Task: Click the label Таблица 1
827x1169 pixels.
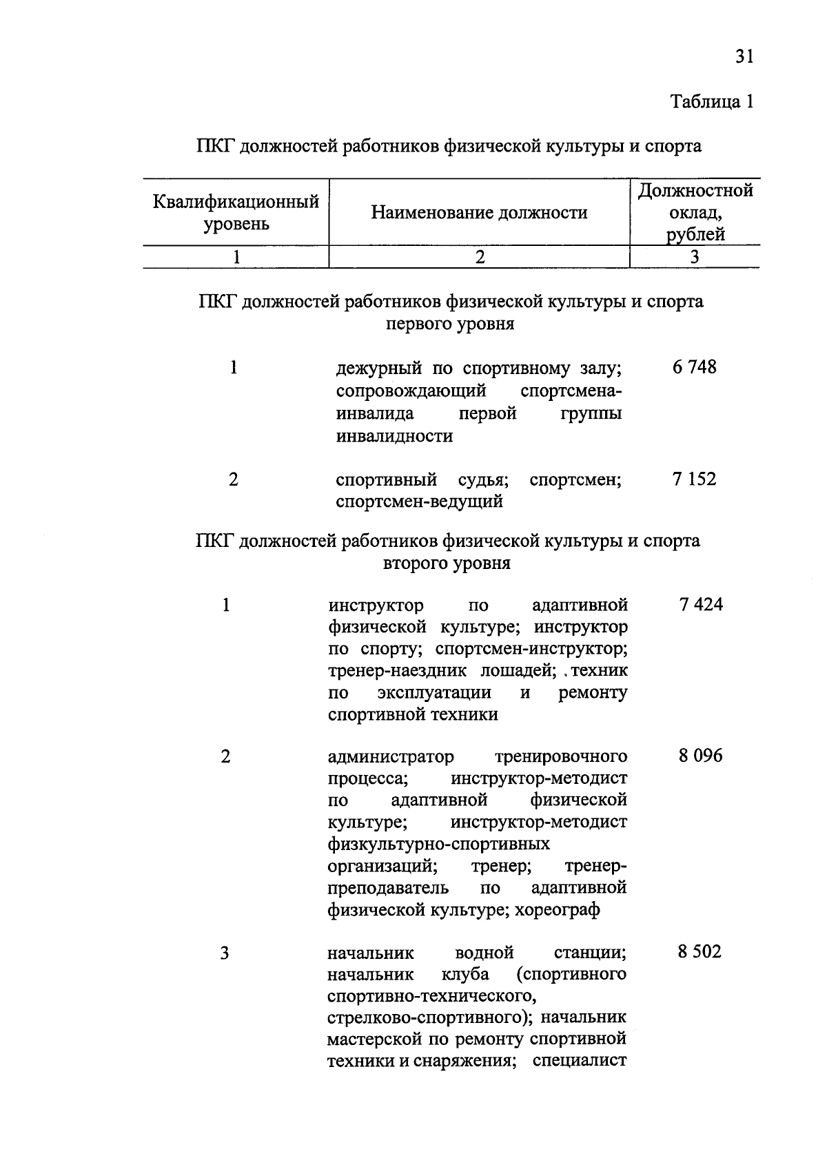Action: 712,102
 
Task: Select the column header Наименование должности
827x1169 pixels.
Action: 479,213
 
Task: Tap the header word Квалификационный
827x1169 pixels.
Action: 236,202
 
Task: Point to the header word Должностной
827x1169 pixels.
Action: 695,191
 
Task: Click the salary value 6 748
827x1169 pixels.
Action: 694,367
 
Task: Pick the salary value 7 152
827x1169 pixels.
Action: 694,479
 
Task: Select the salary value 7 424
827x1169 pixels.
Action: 700,605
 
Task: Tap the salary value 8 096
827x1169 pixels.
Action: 700,756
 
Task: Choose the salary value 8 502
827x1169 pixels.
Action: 700,952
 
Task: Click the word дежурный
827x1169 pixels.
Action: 377,369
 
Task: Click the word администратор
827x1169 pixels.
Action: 391,756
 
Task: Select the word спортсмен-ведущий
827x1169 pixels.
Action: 419,501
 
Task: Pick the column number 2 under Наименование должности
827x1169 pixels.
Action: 480,257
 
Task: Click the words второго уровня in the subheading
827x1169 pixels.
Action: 447,563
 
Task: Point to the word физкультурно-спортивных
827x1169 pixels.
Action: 438,844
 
